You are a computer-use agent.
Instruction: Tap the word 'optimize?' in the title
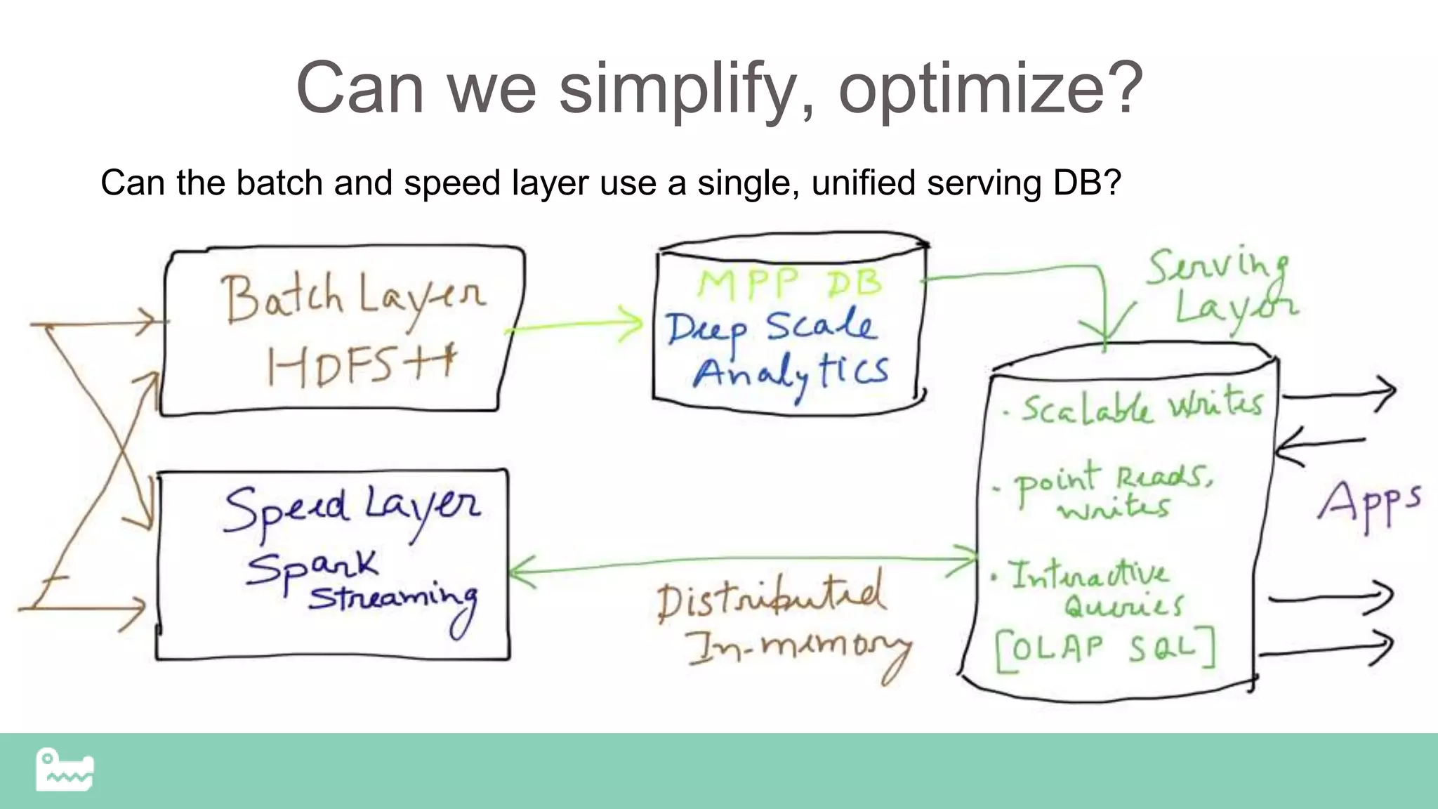tap(991, 90)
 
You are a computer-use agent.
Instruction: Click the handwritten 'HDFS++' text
tap(361, 365)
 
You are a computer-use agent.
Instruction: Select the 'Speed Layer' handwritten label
tap(351, 509)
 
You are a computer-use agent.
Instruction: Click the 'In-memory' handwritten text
tap(798, 650)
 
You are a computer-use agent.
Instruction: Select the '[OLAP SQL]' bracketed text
tap(1105, 649)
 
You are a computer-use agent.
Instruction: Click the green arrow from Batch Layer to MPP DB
tap(572, 326)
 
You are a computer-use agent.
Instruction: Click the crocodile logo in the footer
tap(65, 770)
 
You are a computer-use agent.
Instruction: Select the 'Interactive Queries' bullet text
tap(1095, 590)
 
